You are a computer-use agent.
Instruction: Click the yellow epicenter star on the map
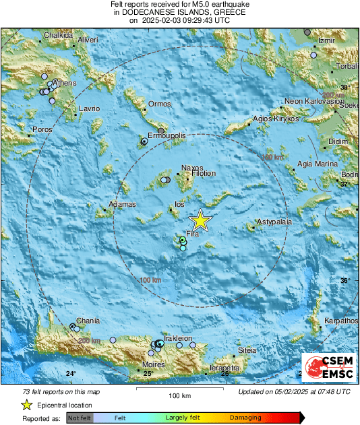point(200,221)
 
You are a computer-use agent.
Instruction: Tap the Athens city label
point(64,84)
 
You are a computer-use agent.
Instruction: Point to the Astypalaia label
point(273,222)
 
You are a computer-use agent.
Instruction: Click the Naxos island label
point(192,169)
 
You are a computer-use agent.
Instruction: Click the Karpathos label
point(340,321)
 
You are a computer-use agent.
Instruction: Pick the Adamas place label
point(122,204)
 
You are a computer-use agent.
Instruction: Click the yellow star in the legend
point(26,405)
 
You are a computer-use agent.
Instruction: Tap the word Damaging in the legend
point(245,418)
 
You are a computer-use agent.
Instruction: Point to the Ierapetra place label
point(224,368)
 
